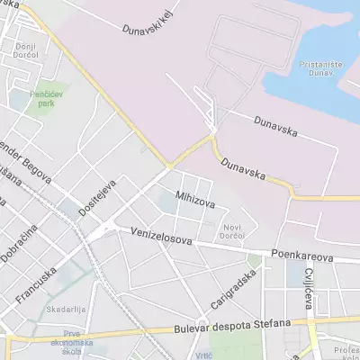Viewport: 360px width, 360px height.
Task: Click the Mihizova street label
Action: tap(195, 200)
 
